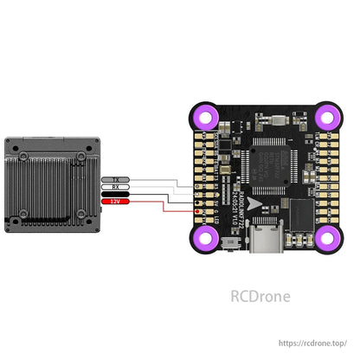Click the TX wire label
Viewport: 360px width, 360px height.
pyautogui.click(x=114, y=179)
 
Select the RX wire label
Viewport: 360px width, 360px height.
pyautogui.click(x=114, y=186)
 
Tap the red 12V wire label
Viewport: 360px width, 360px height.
pyautogui.click(x=114, y=202)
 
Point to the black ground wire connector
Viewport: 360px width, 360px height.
pyautogui.click(x=114, y=194)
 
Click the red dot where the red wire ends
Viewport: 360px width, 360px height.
pyautogui.click(x=200, y=211)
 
